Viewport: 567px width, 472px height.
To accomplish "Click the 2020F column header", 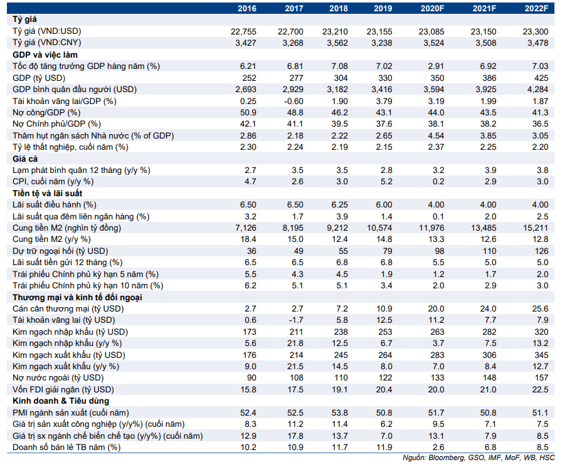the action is point(432,8).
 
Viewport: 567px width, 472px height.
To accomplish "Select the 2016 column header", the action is point(247,8).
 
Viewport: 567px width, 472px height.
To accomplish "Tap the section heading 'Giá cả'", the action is point(25,159).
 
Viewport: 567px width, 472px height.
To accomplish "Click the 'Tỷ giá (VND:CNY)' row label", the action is point(46,43).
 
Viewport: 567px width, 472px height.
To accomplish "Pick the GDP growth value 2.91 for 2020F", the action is point(436,66).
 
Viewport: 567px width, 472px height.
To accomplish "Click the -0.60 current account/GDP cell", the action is point(294,101).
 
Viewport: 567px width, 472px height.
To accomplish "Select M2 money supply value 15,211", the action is point(535,228).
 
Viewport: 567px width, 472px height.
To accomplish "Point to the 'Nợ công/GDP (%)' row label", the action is point(46,113).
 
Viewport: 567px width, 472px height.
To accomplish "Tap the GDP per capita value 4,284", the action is point(538,89).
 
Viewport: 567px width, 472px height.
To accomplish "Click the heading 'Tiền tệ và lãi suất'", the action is point(48,193).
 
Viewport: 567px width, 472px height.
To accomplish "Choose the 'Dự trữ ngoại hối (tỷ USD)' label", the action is point(60,251).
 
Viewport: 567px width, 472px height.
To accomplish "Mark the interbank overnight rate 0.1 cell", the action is point(438,216).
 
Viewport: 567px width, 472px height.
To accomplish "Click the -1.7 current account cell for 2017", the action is point(296,320).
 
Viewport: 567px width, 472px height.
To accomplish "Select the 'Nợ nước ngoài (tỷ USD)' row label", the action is point(58,378).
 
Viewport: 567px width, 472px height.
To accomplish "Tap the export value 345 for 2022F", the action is point(541,355).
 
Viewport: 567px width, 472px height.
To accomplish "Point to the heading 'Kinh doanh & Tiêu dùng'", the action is point(61,401).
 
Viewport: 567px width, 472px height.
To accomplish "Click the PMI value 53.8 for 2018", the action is point(340,412).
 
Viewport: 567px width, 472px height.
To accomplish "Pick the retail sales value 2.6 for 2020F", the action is point(438,448).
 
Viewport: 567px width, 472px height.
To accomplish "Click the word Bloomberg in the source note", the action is point(447,458).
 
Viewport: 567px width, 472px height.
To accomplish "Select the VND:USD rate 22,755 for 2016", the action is point(243,31).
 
